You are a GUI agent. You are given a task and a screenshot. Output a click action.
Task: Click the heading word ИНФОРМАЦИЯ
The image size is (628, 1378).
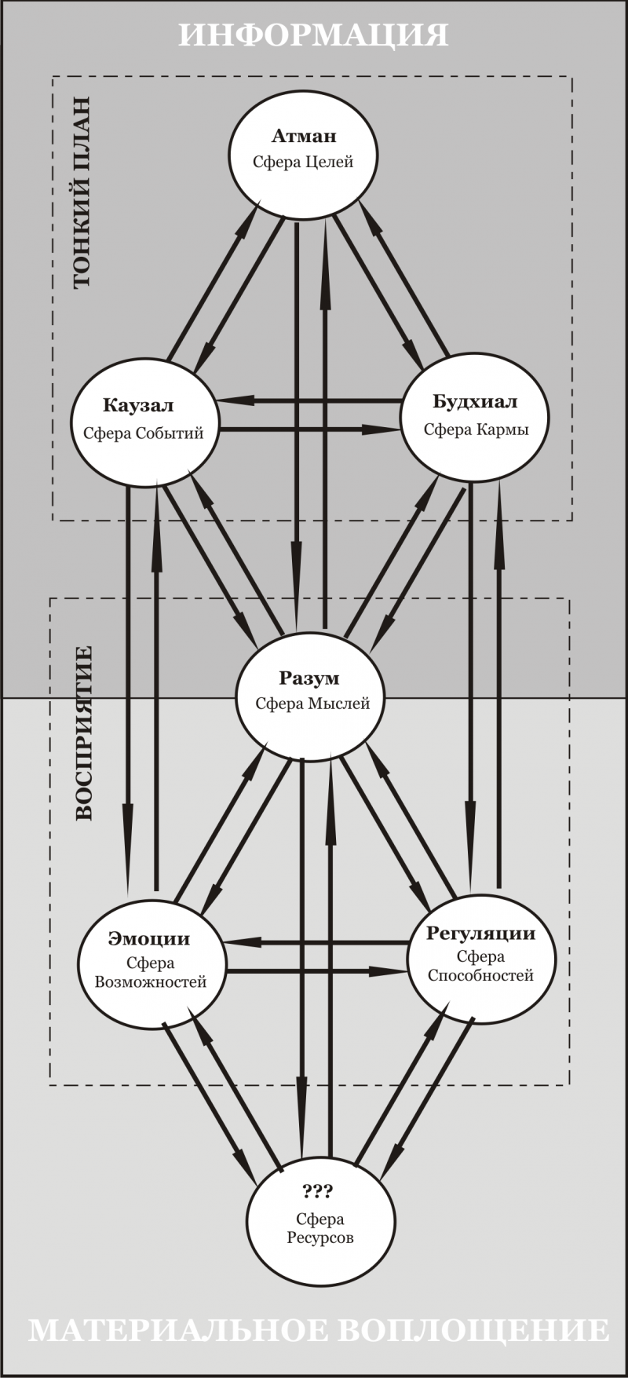[314, 35]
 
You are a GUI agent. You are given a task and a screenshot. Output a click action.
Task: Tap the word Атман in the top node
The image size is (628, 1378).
[304, 137]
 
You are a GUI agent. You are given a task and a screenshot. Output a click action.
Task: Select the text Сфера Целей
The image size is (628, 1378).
[303, 163]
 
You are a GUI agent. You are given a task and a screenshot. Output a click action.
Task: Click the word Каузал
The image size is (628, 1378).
[138, 406]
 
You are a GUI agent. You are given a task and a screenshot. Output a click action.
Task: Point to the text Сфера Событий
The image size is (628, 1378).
[143, 433]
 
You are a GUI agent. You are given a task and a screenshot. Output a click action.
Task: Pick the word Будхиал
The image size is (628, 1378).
[476, 402]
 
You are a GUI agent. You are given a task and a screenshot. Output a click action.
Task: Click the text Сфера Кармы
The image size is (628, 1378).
[476, 429]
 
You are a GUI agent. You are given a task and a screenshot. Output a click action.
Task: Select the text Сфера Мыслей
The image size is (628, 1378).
[312, 704]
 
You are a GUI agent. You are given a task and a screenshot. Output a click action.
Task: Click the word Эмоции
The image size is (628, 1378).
[149, 938]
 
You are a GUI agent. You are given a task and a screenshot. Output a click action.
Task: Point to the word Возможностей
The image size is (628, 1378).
[150, 982]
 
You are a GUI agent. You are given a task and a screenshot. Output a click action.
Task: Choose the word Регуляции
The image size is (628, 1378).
[480, 933]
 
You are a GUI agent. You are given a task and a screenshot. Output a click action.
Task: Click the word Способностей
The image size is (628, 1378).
[480, 976]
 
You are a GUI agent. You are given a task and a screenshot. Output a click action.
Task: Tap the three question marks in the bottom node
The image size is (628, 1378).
[318, 1191]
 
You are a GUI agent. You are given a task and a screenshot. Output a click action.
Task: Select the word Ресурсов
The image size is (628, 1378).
[319, 1238]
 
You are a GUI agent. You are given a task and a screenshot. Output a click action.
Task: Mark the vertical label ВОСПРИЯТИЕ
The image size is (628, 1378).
[84, 733]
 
